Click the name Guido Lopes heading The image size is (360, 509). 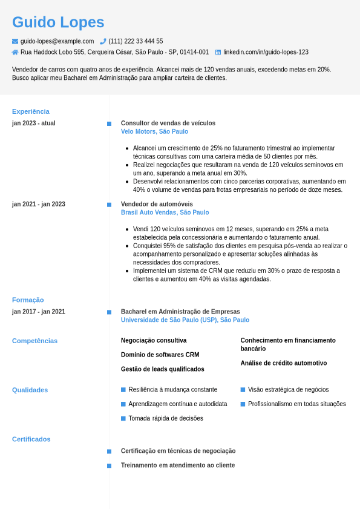58,22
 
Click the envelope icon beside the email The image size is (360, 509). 15,41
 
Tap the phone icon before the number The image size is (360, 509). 103,41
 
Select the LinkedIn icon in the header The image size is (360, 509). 218,52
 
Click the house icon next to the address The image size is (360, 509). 15,52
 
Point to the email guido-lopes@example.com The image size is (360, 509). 57,41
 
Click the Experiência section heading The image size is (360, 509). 31,111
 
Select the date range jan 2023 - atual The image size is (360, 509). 34,123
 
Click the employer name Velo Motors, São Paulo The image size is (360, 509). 154,131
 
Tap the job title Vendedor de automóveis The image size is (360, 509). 157,204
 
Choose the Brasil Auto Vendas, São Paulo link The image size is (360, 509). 165,212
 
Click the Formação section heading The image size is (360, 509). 28,300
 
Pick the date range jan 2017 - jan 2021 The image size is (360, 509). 39,312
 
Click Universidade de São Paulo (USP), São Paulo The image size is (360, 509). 185,320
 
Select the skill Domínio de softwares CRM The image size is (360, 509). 160,355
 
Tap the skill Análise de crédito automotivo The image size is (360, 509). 283,363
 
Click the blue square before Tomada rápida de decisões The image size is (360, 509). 123,418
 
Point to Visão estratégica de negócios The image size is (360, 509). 288,390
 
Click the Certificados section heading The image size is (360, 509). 31,439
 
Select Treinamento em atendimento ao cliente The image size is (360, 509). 178,465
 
